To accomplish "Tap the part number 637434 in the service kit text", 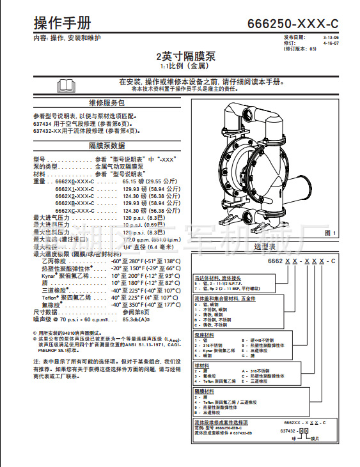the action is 42,123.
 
